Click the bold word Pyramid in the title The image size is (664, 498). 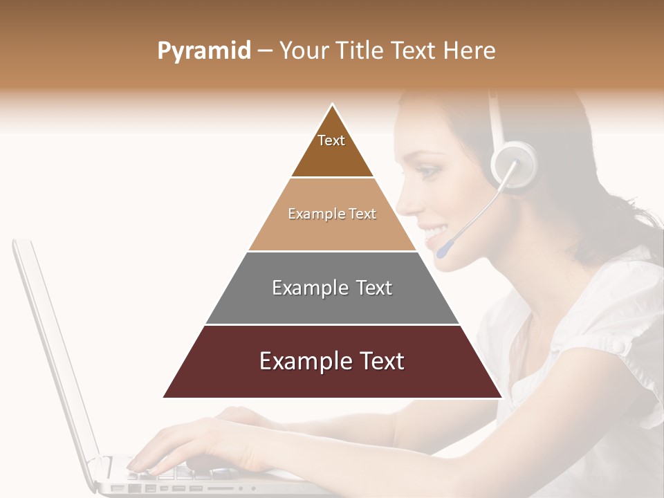tap(203, 51)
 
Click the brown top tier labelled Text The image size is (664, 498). tap(332, 149)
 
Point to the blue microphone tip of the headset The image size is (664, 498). tap(443, 250)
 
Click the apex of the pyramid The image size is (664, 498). tap(333, 106)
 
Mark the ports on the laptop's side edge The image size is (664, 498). tap(173, 488)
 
